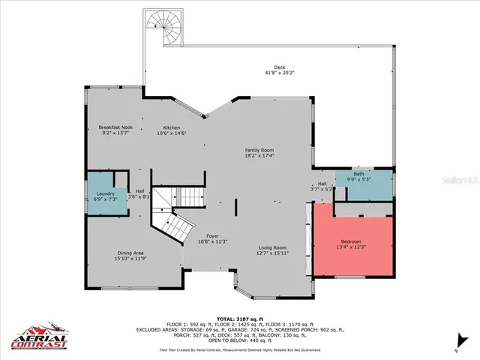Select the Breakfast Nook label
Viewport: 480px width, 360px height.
pyautogui.click(x=115, y=127)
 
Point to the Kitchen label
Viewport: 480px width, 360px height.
pyautogui.click(x=171, y=127)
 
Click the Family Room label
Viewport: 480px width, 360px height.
pyautogui.click(x=259, y=150)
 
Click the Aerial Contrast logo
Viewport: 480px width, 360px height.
pyautogui.click(x=38, y=337)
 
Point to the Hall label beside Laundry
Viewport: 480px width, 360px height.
pyautogui.click(x=139, y=190)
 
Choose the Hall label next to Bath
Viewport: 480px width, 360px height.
pyautogui.click(x=322, y=183)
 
